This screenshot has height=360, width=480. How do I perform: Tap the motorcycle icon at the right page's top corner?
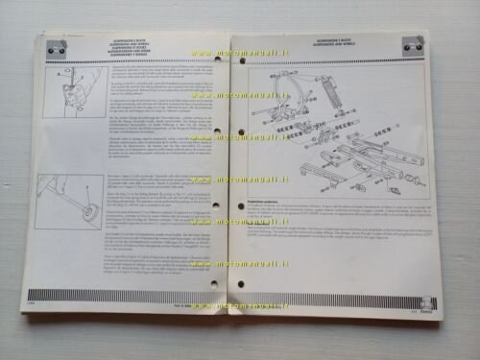414,42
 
